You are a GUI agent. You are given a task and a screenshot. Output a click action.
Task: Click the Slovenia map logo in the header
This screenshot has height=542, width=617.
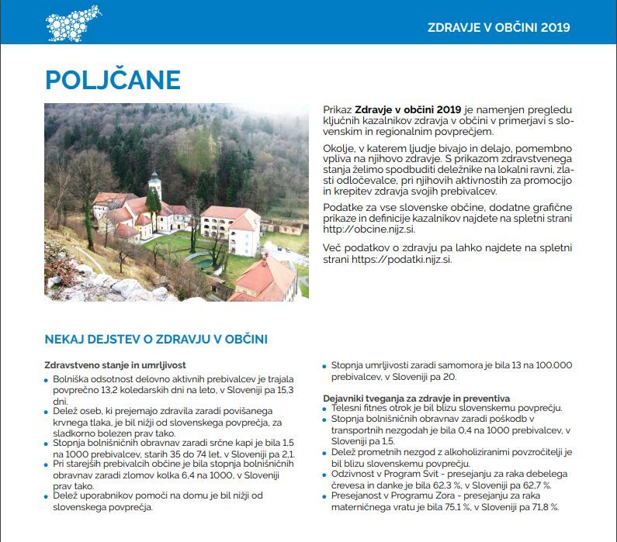tap(74, 22)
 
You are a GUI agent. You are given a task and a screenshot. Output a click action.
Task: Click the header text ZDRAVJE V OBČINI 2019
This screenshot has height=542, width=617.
tap(498, 27)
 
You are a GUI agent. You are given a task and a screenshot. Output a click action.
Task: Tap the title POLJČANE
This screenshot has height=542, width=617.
tap(113, 80)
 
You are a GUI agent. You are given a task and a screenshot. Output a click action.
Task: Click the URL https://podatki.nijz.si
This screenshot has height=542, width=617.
tap(404, 260)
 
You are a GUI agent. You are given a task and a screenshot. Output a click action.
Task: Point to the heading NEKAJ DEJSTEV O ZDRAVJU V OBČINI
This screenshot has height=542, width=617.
tap(156, 340)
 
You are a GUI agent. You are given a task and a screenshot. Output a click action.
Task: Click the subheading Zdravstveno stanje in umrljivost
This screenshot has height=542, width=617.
tap(115, 364)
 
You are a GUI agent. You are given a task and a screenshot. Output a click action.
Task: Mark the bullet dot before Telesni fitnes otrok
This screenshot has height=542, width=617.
tap(326, 408)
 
